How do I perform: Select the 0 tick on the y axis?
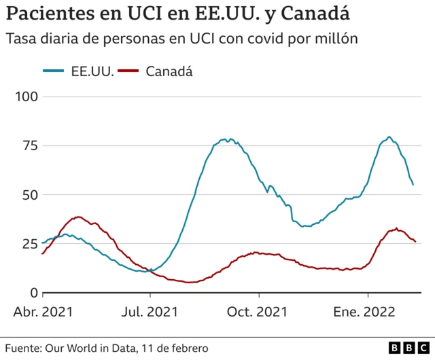33,293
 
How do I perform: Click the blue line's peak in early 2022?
389,137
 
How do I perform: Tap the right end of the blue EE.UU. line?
413,184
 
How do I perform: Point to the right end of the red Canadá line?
415,241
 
